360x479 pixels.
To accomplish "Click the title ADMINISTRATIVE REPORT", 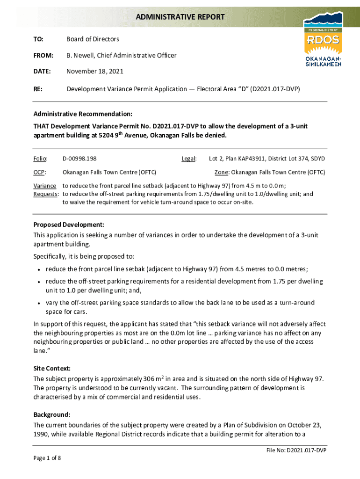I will (x=180, y=17).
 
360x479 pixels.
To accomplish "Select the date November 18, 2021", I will (x=95, y=72).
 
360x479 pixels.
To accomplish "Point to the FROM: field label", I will (x=43, y=56).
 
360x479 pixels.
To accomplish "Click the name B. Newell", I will (x=80, y=56).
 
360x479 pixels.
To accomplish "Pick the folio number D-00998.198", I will (x=79, y=159).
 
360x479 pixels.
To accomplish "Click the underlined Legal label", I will (x=189, y=159).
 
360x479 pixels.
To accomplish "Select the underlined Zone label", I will (x=222, y=172).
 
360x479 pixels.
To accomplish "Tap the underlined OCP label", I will (x=39, y=172).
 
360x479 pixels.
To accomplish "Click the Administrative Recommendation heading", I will (x=83, y=114).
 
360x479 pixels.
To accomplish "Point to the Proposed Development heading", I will (x=68, y=225).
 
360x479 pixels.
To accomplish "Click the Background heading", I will (x=52, y=414).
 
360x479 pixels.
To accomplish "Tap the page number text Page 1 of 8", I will (x=47, y=458).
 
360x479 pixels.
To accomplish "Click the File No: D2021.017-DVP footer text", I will (x=294, y=450).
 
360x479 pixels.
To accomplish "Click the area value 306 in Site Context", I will (x=149, y=378).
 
